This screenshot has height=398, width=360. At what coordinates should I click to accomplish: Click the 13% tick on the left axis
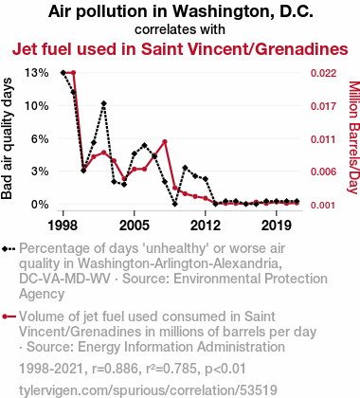coord(37,73)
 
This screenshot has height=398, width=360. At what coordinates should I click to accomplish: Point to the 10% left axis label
coord(37,106)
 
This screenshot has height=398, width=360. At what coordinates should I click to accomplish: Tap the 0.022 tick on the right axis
coord(323,73)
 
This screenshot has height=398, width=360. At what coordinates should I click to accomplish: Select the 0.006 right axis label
coord(323,172)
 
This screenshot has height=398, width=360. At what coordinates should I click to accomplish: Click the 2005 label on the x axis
coord(135,226)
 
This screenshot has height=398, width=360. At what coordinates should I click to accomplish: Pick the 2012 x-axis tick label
coord(206,226)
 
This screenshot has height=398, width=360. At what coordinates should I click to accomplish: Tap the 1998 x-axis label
coord(63,226)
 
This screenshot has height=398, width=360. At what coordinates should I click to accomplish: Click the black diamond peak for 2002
coord(103,103)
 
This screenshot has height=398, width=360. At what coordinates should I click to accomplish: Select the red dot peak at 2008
coord(165,142)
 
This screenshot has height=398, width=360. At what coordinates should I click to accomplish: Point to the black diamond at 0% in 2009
coord(174,204)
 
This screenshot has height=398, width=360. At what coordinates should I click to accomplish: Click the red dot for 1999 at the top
coord(73,73)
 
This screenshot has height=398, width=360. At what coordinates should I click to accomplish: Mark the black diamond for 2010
coord(185,168)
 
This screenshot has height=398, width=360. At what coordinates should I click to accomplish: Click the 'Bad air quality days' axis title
coord(7,138)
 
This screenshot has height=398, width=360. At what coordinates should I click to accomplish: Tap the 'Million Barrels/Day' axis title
coord(354,137)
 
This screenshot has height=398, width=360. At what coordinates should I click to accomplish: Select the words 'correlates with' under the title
coord(180,29)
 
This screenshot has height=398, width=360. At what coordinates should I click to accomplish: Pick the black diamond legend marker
coord(9,249)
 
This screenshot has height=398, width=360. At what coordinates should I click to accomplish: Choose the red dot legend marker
coord(9,317)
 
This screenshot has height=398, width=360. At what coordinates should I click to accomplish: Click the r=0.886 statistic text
coord(115,369)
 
